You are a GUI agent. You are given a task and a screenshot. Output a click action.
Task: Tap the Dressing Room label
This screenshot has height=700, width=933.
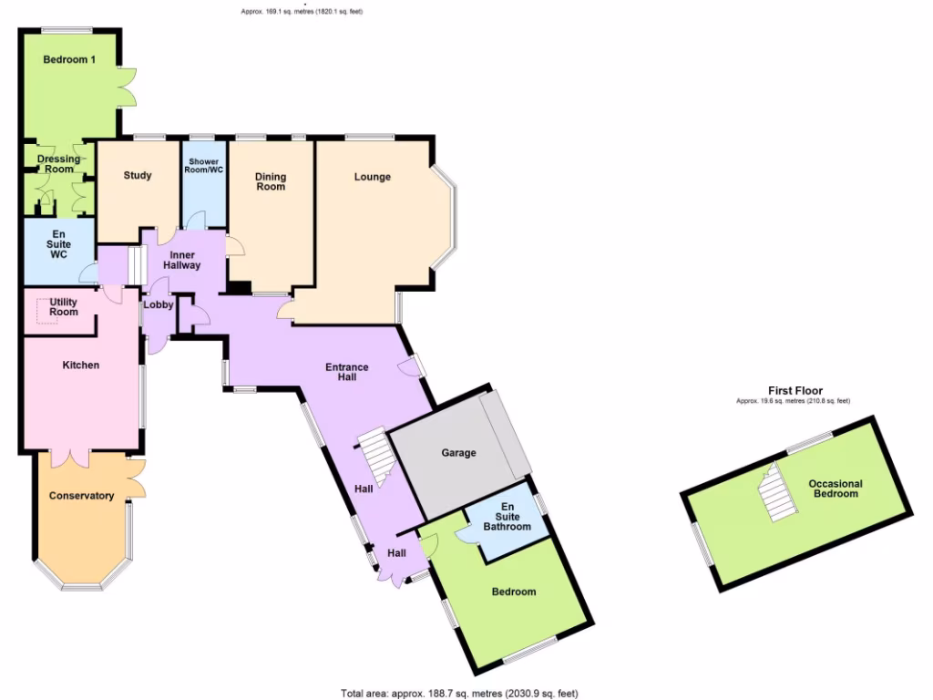pos(59,164)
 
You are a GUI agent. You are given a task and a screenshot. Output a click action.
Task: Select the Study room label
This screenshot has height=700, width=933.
pos(138,176)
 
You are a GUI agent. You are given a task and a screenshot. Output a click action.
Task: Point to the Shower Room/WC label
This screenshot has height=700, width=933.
pos(204,166)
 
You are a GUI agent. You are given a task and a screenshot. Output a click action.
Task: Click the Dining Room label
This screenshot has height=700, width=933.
pos(271,181)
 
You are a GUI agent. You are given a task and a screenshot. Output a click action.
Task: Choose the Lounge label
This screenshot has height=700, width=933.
pos(373,177)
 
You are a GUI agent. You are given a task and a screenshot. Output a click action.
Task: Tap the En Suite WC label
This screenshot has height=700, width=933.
pos(59,243)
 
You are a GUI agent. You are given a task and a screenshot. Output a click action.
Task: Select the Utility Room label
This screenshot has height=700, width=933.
pos(64,306)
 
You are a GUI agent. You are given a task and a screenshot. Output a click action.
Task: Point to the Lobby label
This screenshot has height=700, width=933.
pos(158,305)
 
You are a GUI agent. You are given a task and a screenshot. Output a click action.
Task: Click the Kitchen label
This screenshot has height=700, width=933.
pos(80,365)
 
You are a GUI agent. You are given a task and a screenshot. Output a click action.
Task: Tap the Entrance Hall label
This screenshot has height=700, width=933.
pos(347,373)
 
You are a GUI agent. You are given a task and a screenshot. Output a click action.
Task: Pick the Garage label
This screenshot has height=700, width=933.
pos(459,453)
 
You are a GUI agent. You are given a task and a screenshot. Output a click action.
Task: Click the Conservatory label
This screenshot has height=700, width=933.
pos(82,497)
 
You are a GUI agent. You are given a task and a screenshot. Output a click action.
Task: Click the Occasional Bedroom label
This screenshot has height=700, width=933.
pos(836,489)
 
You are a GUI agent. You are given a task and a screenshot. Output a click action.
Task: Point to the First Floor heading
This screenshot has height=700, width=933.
pos(796,391)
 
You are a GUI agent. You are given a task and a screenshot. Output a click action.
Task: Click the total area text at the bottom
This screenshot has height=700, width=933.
pos(459,694)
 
